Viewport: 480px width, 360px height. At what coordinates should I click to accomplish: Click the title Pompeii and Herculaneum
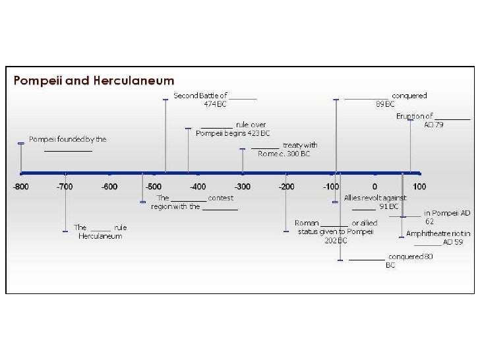(x=94, y=81)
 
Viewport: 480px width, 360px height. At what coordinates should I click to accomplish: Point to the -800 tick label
(x=21, y=187)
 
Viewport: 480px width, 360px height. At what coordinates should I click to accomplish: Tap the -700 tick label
(x=65, y=187)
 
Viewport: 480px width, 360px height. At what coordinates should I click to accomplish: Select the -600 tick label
(x=109, y=187)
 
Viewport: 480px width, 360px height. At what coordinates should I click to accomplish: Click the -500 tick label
(x=154, y=187)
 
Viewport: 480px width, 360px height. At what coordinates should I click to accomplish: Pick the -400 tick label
(x=198, y=187)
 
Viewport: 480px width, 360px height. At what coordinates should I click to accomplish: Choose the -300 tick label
(x=242, y=187)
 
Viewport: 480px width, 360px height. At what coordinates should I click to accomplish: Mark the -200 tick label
(x=286, y=187)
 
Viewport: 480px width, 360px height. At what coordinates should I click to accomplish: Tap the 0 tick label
(x=375, y=187)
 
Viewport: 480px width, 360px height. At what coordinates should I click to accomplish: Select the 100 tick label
(x=419, y=187)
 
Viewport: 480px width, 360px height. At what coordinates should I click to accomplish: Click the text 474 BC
(x=215, y=104)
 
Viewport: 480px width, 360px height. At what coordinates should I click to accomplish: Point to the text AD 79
(x=434, y=124)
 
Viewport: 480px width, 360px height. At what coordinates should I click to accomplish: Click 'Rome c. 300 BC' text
(x=284, y=154)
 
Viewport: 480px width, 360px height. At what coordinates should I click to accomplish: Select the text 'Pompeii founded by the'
(x=67, y=139)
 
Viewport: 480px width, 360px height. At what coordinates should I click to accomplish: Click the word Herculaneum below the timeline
(x=100, y=236)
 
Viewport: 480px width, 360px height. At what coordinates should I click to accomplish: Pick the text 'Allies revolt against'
(x=375, y=198)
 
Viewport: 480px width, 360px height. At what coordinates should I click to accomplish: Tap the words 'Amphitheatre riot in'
(x=438, y=233)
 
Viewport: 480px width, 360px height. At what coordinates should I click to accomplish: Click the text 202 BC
(x=336, y=241)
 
